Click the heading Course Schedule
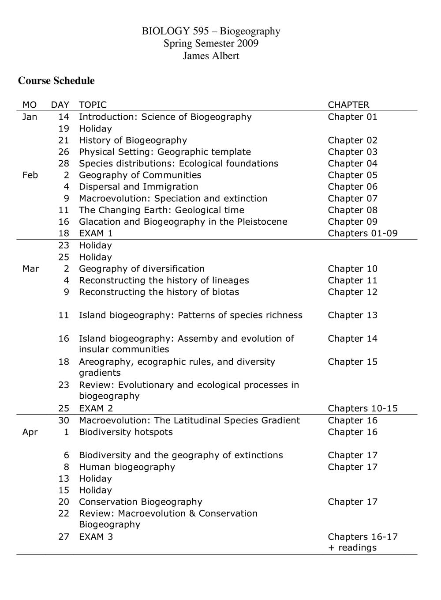pyautogui.click(x=56, y=81)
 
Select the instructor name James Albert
pyautogui.click(x=211, y=56)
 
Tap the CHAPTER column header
pyautogui.click(x=348, y=105)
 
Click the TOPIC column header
pyautogui.click(x=93, y=105)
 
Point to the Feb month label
pyautogui.click(x=30, y=175)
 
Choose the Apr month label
pyautogui.click(x=30, y=432)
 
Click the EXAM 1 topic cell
pyautogui.click(x=96, y=234)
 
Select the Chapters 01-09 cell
pyautogui.click(x=363, y=234)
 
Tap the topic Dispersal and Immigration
pyautogui.click(x=138, y=187)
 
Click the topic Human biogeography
pyautogui.click(x=127, y=467)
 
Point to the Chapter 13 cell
pyautogui.click(x=353, y=315)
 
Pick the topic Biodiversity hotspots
pyautogui.click(x=126, y=432)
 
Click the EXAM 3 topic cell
pyautogui.click(x=96, y=537)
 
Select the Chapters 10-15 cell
pyautogui.click(x=363, y=408)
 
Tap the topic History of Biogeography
pyautogui.click(x=133, y=140)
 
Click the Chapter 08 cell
pyautogui.click(x=353, y=210)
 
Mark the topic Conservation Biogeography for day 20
pyautogui.click(x=140, y=502)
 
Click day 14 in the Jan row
pyautogui.click(x=64, y=117)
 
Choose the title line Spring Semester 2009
pyautogui.click(x=211, y=43)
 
